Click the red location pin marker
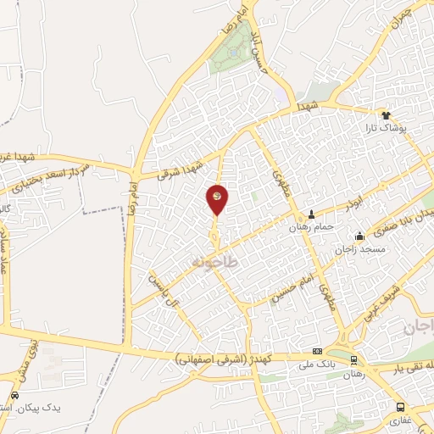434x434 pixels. pyautogui.click(x=217, y=198)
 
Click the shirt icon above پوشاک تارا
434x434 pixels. pyautogui.click(x=387, y=114)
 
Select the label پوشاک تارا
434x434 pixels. pyautogui.click(x=387, y=128)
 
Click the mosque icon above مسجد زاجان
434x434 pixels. pyautogui.click(x=360, y=236)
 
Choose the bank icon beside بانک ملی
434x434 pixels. pyautogui.click(x=317, y=351)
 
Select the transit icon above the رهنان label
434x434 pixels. pyautogui.click(x=353, y=360)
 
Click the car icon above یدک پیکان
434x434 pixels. pyautogui.click(x=14, y=395)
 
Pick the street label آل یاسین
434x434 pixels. pyautogui.click(x=166, y=291)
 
